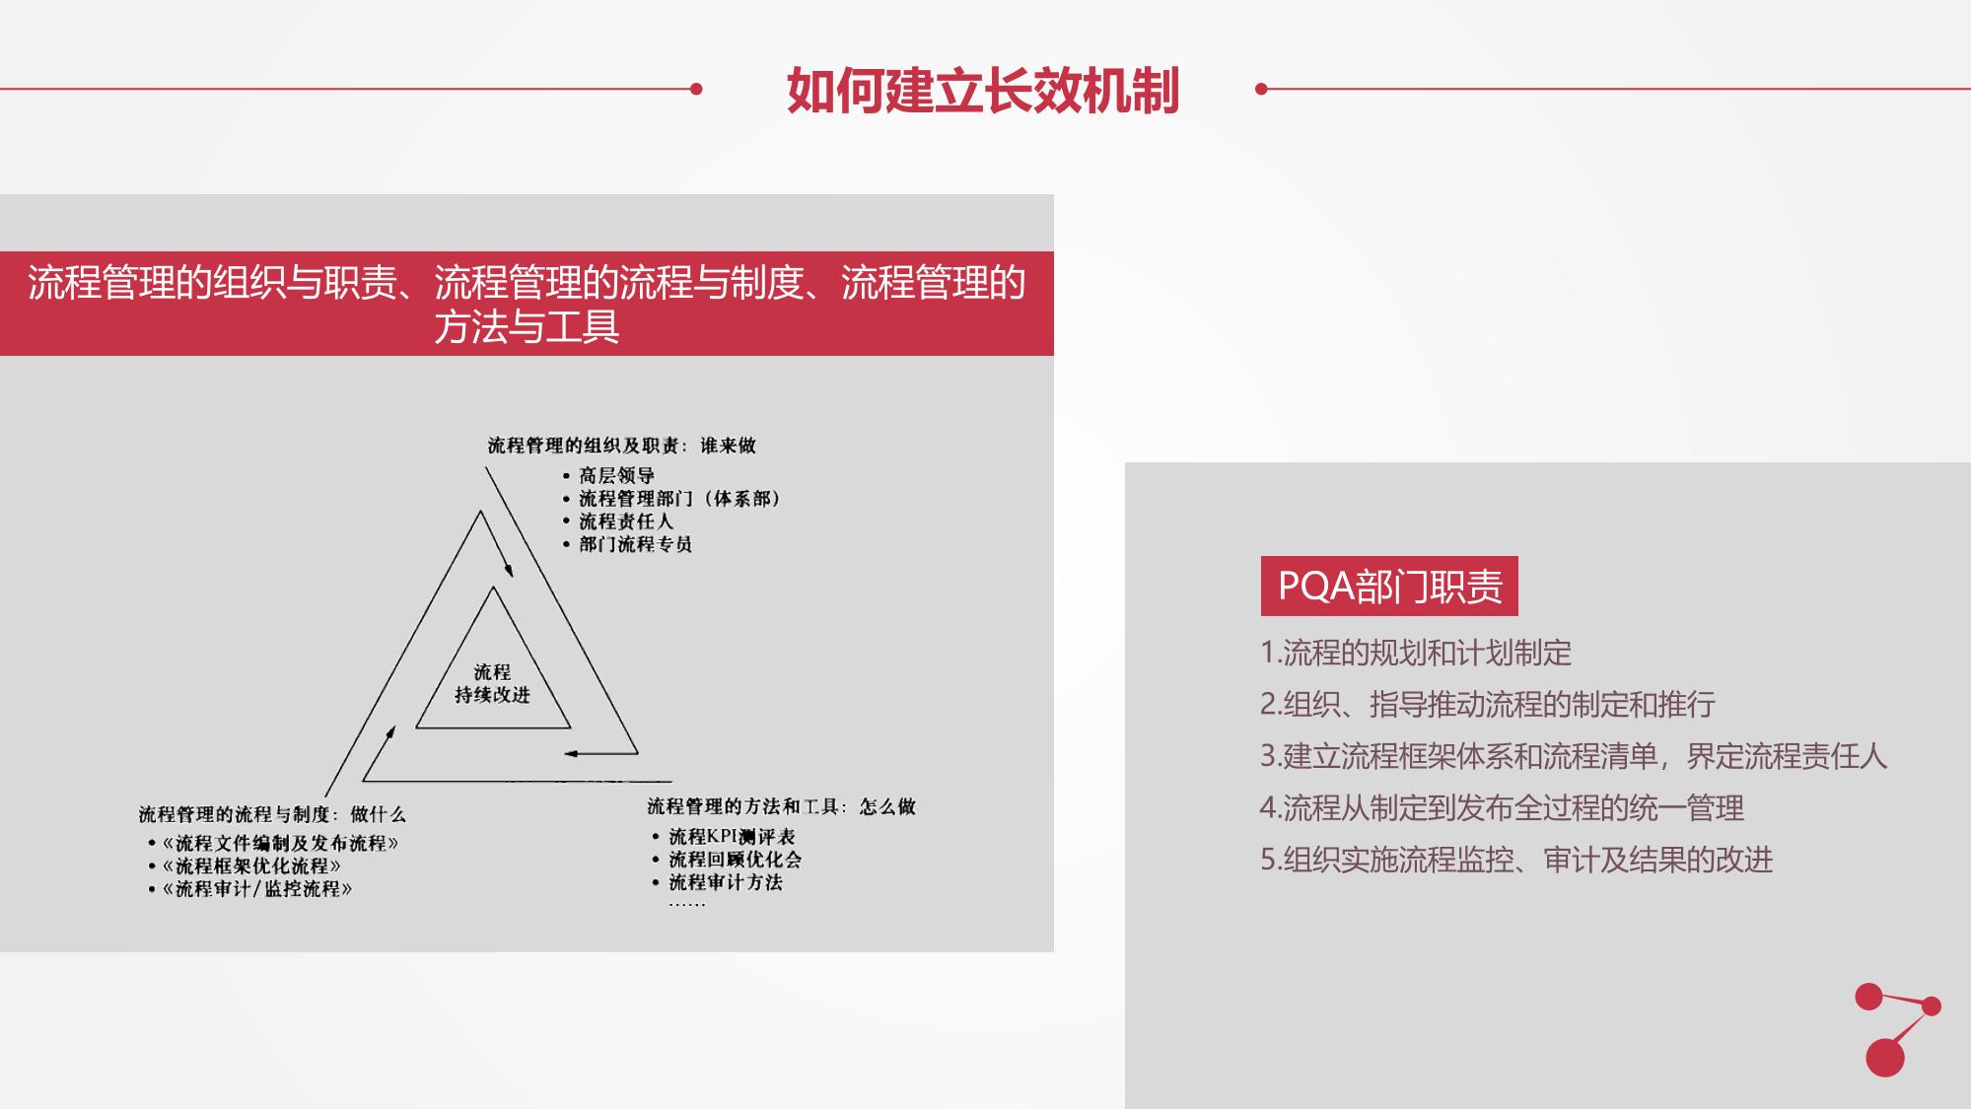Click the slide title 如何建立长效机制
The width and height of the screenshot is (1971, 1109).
coord(983,91)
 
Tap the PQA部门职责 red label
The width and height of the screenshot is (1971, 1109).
coord(1389,587)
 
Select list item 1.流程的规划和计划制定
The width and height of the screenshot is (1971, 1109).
coord(1416,653)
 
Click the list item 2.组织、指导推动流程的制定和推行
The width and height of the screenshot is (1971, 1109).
coord(1488,704)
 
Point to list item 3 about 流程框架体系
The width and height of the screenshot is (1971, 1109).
coord(1574,756)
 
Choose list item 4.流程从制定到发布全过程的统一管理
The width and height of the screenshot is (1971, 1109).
coord(1502,808)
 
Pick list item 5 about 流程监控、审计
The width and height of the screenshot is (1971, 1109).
coord(1516,860)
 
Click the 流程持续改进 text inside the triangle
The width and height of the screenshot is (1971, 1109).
coord(492,683)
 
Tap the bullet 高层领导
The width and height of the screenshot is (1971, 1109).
coord(616,476)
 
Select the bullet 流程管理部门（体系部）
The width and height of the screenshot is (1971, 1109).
coord(679,499)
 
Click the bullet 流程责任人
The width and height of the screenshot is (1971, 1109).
coord(625,521)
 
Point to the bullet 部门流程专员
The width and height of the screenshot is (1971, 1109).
coord(635,544)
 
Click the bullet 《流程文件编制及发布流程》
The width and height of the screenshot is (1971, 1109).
coord(280,843)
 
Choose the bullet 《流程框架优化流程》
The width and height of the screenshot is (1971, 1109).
coord(251,866)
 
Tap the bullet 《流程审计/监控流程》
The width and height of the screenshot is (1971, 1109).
coord(256,888)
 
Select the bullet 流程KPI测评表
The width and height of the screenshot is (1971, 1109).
coord(732,836)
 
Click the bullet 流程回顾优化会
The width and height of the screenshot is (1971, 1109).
coord(735,859)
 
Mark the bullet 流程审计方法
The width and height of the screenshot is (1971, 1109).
coord(725,882)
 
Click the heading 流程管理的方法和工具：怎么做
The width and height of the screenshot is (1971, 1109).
coord(781,806)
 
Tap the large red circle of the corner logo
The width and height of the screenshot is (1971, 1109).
coord(1884,1057)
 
